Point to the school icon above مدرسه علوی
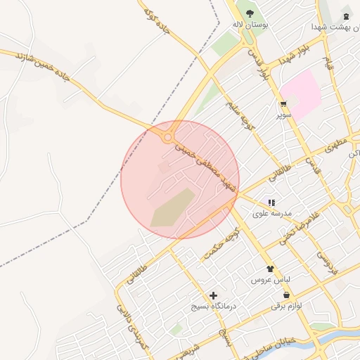271,202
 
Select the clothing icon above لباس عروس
270,269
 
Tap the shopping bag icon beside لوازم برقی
276,306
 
